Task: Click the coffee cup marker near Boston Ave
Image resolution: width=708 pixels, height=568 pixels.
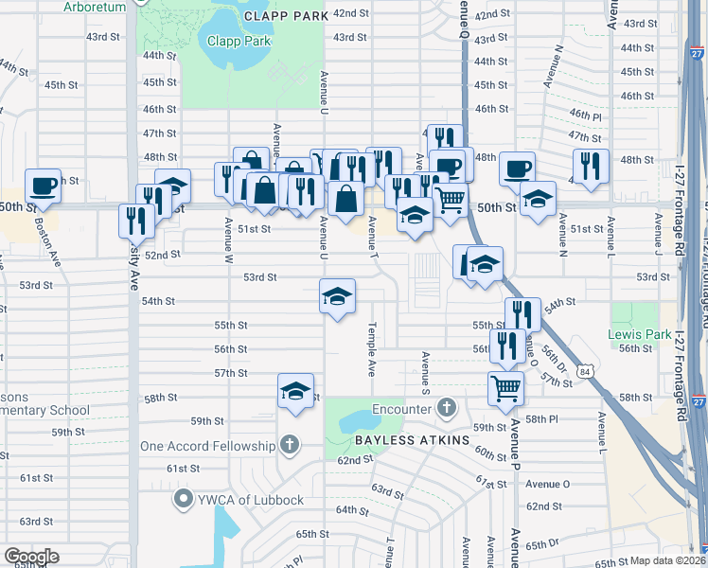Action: [x=43, y=186]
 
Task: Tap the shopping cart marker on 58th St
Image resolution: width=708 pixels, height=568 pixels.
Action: [x=506, y=386]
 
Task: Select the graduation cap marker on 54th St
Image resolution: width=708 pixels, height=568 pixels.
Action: [x=338, y=295]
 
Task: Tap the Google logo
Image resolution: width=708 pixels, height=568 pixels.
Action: [x=31, y=557]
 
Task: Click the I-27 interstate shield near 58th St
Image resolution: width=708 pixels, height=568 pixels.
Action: [x=698, y=401]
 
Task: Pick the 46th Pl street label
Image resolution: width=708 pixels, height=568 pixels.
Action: [x=585, y=115]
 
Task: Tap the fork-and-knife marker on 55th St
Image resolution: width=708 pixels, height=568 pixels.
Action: [x=522, y=313]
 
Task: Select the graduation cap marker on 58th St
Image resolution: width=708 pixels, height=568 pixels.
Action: [x=295, y=390]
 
